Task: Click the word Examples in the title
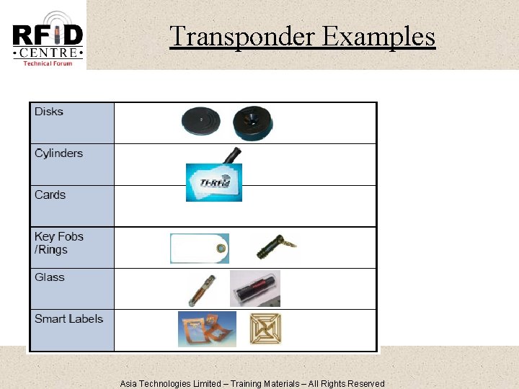click(378, 36)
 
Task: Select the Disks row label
click(49, 112)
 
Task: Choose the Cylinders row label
click(58, 153)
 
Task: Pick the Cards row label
click(50, 195)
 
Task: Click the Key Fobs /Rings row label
click(59, 243)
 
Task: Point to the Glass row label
click(50, 277)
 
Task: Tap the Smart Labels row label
click(68, 319)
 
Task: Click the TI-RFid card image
click(214, 182)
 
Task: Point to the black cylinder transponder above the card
click(231, 156)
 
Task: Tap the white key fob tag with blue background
click(200, 249)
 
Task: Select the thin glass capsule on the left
click(200, 290)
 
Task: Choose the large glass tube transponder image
click(255, 289)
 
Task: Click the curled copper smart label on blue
click(207, 329)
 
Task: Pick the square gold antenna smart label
click(265, 329)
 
